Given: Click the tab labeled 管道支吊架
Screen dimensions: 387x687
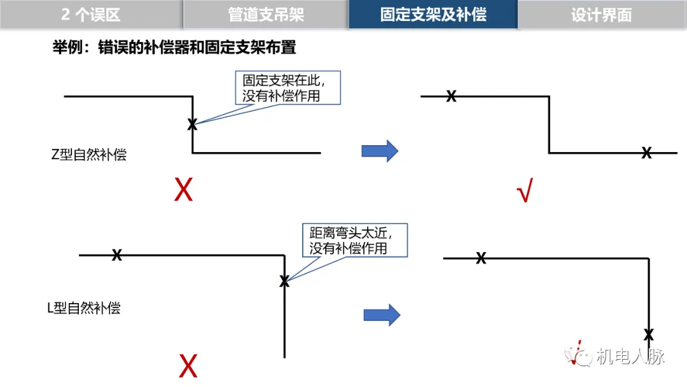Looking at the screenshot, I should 266,15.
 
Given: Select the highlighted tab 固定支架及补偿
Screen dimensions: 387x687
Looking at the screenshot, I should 433,15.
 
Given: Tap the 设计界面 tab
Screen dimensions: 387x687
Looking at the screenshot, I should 601,15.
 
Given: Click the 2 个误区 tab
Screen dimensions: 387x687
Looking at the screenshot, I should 91,15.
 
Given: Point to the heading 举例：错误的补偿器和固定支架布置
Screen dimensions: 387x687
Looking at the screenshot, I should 174,48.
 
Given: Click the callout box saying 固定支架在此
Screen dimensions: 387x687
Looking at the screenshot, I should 288,88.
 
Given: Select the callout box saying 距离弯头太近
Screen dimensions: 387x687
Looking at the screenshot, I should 354,240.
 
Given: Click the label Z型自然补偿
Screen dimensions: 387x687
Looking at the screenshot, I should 89,154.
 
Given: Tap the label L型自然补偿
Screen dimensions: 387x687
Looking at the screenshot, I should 84,309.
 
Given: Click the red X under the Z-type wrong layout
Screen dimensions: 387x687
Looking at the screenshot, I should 183,190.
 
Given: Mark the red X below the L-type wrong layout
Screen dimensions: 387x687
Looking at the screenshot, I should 188,366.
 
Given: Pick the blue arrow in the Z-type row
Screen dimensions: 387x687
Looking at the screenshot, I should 380,151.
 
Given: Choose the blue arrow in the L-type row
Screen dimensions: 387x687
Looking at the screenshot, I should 382,314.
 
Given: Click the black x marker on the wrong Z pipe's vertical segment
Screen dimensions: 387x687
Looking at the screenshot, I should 192,125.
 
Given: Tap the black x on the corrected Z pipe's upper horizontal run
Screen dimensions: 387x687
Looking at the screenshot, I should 451,96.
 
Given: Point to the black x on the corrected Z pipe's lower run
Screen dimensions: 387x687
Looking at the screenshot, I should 646,153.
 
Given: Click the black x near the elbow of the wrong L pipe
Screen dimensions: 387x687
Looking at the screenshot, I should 284,281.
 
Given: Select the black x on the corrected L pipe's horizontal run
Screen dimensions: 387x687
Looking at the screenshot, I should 482,258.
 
